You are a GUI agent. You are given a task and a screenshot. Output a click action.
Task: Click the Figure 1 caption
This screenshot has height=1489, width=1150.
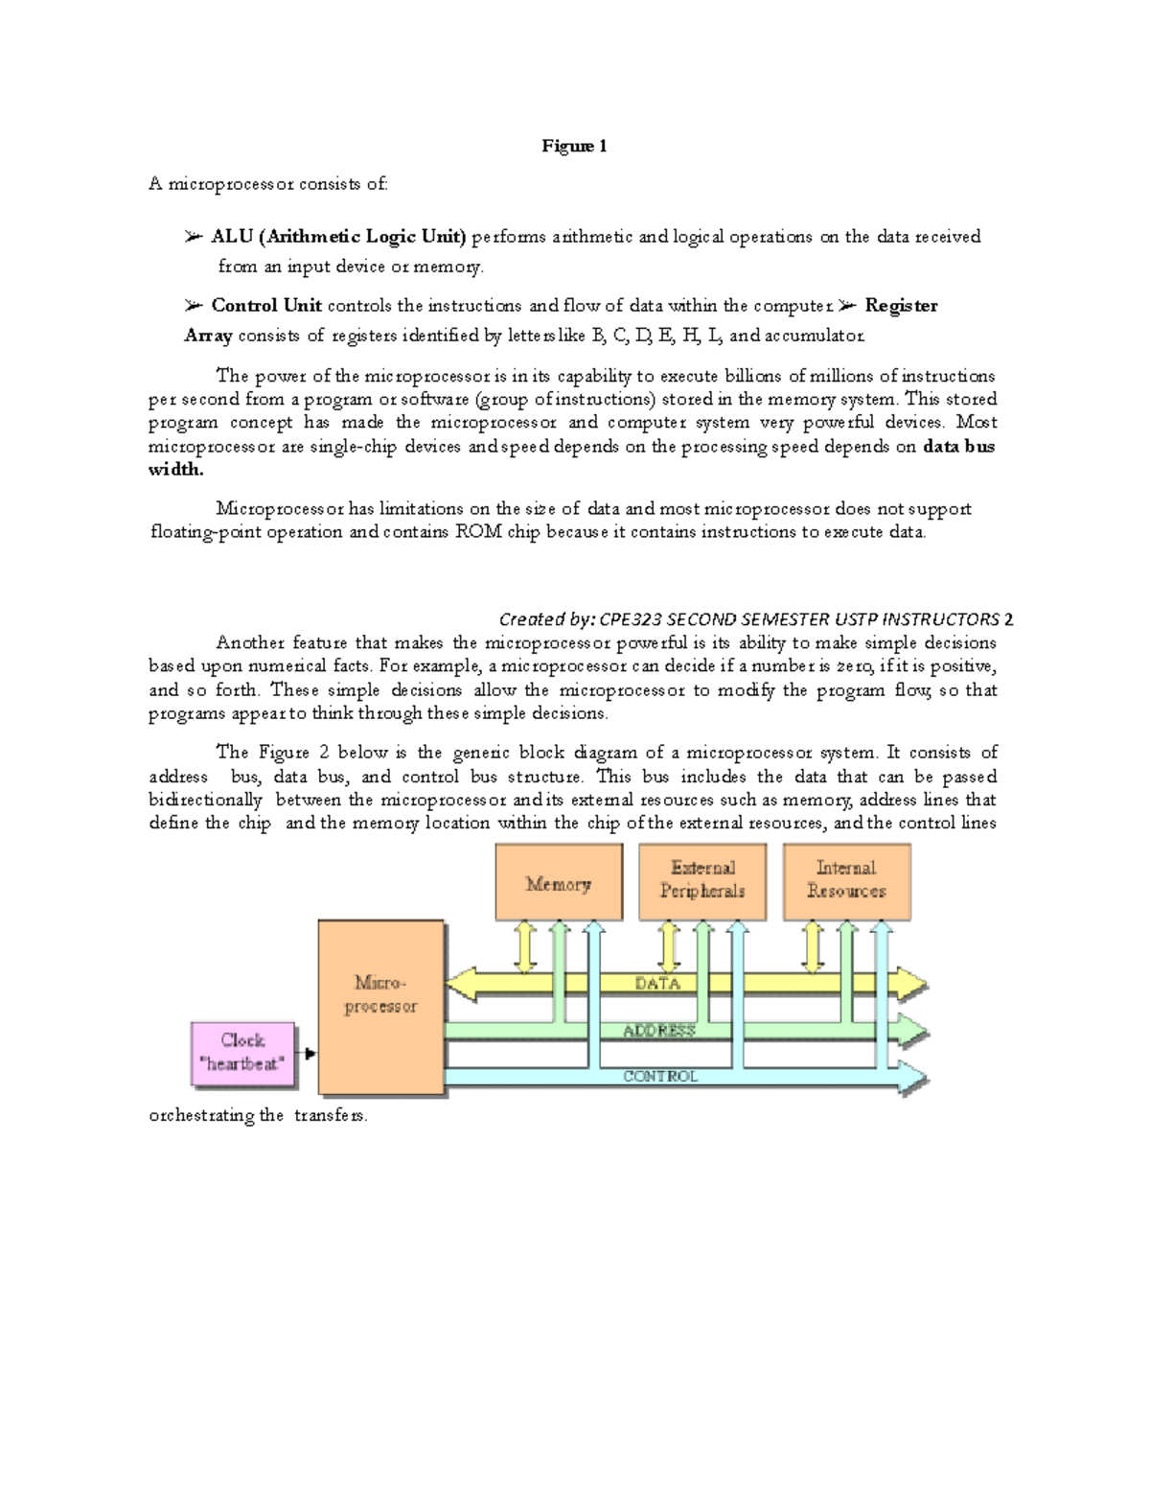[574, 146]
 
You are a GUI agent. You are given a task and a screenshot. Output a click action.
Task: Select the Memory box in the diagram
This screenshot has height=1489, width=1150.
[559, 882]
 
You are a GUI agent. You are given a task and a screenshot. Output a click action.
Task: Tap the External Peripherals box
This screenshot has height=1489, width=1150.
[701, 880]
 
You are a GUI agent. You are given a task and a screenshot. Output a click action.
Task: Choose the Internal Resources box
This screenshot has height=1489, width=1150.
[846, 880]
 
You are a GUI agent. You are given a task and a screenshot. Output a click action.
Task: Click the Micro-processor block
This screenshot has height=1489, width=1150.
[381, 1007]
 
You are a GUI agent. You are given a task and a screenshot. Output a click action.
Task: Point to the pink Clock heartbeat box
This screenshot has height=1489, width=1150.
[243, 1053]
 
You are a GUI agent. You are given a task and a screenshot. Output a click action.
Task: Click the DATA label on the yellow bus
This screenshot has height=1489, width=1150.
[657, 984]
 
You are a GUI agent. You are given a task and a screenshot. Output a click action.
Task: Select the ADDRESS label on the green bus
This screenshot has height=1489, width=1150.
[659, 1031]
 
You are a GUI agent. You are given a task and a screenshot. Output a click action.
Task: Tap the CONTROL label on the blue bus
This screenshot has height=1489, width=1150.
[660, 1077]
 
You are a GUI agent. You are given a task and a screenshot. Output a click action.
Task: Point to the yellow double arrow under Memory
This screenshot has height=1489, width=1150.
[525, 947]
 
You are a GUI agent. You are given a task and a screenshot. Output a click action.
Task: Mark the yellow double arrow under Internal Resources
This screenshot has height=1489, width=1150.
[813, 947]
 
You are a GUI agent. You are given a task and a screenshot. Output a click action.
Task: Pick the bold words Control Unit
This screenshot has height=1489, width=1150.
[266, 306]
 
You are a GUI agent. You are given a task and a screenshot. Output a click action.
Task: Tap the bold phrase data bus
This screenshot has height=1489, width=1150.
[958, 446]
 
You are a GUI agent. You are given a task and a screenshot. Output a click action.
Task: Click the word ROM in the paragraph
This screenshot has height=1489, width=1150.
[478, 532]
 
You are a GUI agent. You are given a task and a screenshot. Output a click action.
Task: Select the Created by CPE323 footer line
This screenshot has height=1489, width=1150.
[756, 619]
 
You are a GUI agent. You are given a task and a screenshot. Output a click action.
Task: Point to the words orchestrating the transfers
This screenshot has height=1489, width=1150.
[258, 1115]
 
